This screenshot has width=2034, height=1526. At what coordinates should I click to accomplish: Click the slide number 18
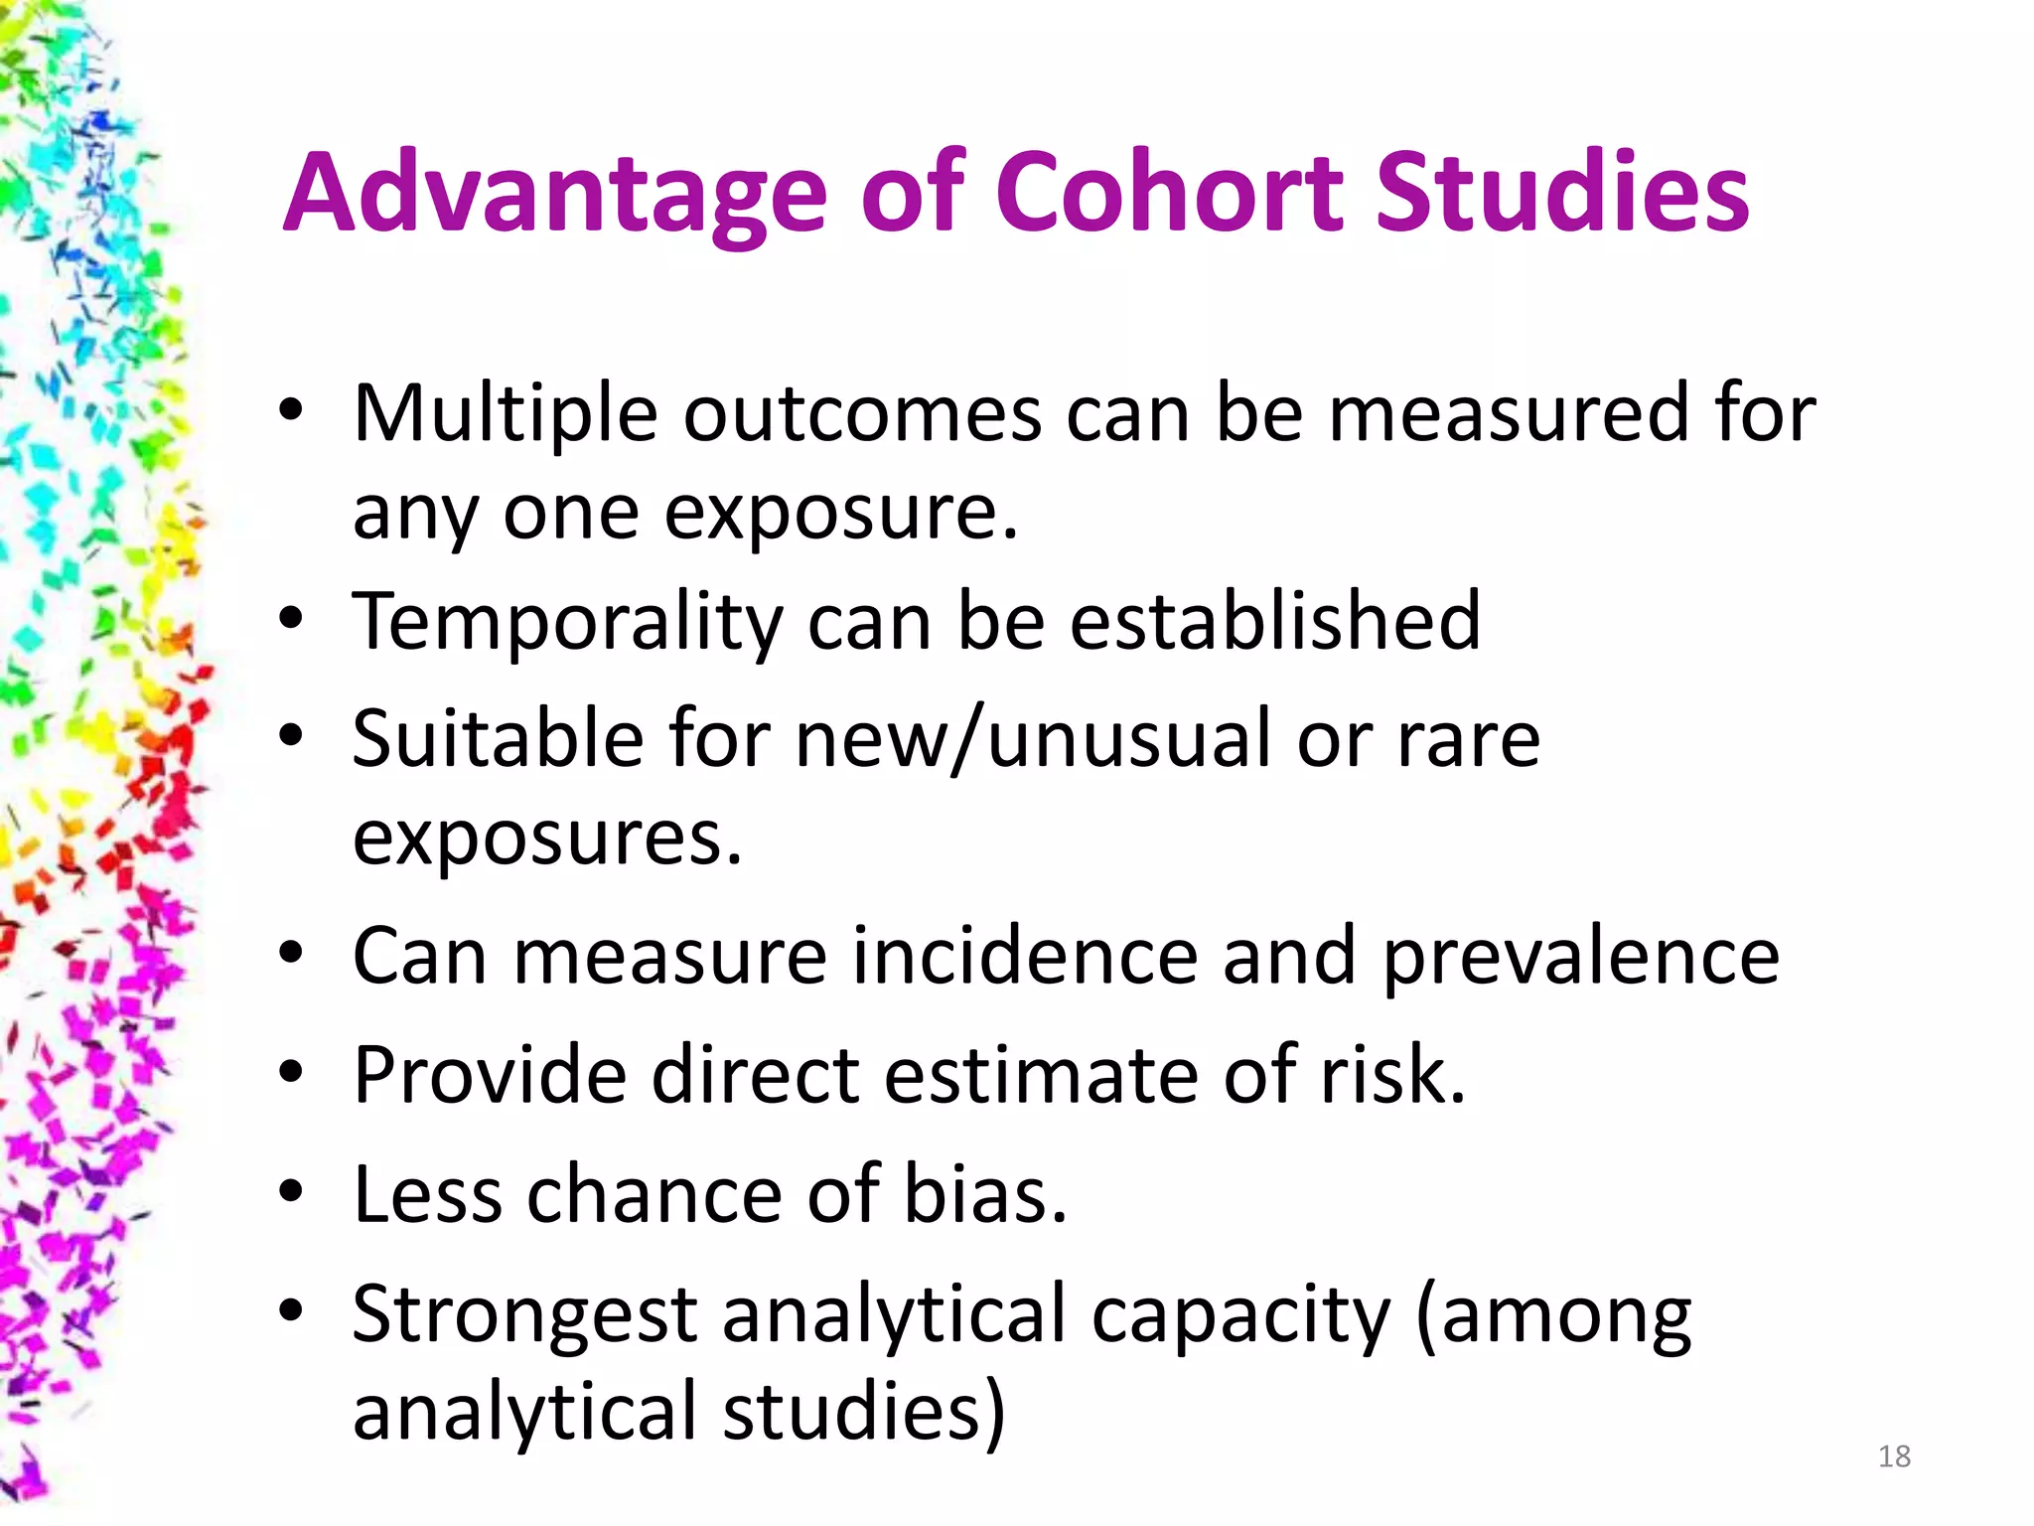pos(1894,1456)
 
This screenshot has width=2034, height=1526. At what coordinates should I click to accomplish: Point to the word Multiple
pos(505,414)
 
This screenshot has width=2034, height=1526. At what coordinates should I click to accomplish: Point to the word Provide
pos(490,1075)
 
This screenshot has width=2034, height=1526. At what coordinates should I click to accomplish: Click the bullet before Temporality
pos(290,621)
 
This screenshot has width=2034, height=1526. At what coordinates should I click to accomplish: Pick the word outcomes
pos(862,414)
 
